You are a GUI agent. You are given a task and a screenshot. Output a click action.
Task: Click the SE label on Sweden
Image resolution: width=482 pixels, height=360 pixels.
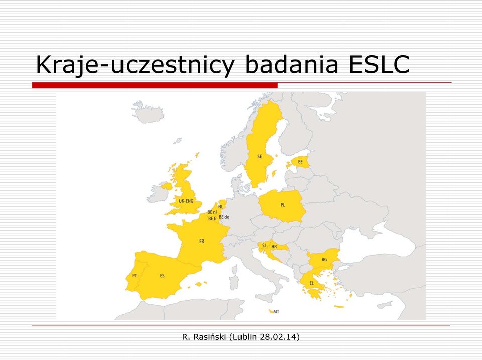(x=260, y=156)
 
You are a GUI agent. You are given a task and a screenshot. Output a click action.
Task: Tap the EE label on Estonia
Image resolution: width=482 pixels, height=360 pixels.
(x=300, y=161)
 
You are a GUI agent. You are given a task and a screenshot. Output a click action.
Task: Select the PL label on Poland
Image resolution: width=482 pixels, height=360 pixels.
(x=283, y=205)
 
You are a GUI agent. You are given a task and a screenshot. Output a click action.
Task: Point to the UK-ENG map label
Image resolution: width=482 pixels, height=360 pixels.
(x=186, y=201)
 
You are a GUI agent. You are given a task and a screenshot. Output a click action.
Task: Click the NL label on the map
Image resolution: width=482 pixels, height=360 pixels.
(x=221, y=207)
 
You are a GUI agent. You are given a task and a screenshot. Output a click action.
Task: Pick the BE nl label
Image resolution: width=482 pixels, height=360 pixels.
(x=212, y=212)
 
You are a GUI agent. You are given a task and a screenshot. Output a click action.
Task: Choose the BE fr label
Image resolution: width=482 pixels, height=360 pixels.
(x=213, y=218)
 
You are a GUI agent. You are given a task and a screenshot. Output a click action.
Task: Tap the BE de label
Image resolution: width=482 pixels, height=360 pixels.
(x=224, y=217)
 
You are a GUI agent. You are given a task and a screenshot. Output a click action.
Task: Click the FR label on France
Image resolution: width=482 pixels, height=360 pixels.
(x=202, y=241)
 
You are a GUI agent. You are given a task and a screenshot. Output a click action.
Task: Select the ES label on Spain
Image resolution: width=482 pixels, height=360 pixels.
(x=162, y=276)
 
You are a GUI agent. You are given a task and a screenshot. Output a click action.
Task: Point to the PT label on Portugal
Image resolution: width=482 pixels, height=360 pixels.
(x=135, y=276)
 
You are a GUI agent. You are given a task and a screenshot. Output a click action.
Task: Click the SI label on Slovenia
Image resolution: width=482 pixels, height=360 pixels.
(x=264, y=245)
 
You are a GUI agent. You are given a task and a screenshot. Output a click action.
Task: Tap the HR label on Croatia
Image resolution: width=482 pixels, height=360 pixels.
(x=274, y=247)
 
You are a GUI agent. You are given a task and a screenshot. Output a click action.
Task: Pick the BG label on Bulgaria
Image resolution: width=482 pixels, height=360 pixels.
(x=324, y=259)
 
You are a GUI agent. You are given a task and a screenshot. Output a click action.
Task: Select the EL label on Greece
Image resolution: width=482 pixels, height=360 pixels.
(x=312, y=283)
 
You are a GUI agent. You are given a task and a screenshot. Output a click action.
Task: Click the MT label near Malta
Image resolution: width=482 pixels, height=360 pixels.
(x=276, y=312)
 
